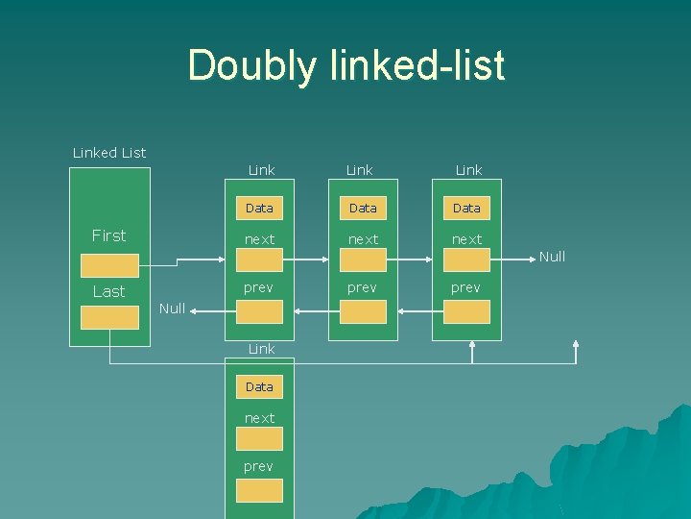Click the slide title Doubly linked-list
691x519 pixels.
coord(345,65)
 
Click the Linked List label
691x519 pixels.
coord(109,153)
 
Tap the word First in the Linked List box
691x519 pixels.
coord(108,235)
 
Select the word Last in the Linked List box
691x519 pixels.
coord(108,291)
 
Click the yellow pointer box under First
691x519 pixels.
coord(109,265)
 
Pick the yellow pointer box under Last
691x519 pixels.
coord(109,318)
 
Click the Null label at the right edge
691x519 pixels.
coord(552,257)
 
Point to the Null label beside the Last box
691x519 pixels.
coord(172,309)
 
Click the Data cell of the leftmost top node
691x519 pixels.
coord(259,208)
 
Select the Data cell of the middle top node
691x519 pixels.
coord(363,208)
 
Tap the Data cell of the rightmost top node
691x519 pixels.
coord(466,208)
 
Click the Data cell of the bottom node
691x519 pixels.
coord(259,386)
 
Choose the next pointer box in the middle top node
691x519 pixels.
coord(363,259)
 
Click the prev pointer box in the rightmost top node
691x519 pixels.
coord(466,311)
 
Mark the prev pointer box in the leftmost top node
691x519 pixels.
coord(259,311)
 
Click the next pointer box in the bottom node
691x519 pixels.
coord(259,439)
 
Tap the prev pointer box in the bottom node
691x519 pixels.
coord(259,490)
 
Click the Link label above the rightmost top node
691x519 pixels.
coord(468,170)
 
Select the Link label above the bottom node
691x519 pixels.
coord(261,349)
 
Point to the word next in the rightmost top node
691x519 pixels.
coord(466,239)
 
